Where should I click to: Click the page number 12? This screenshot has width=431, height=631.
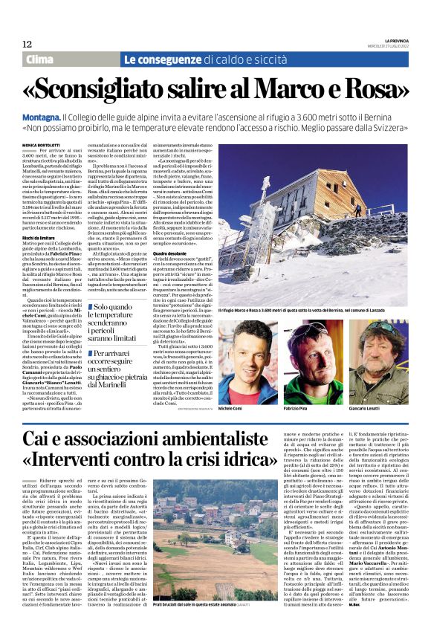(27, 44)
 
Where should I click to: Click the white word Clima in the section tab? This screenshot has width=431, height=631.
(40, 59)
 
